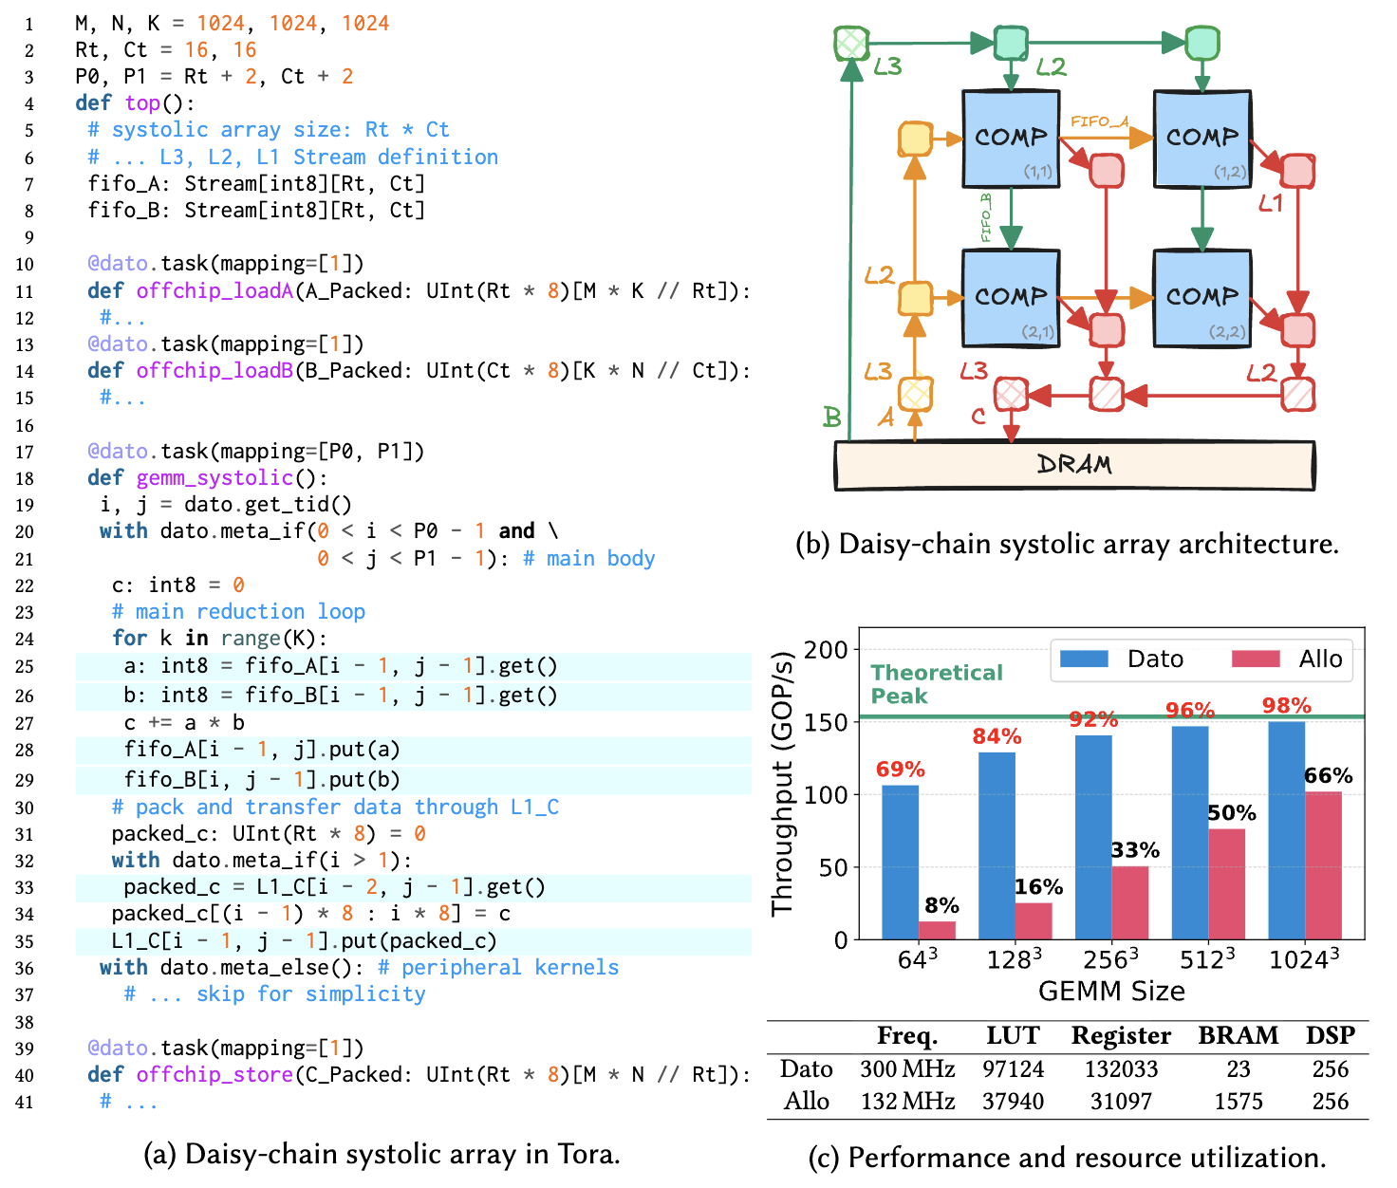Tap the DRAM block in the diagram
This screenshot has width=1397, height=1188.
(1074, 465)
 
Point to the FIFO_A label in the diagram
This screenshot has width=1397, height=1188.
(1099, 121)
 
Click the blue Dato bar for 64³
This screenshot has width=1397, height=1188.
(900, 862)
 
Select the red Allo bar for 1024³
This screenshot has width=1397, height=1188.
(1323, 865)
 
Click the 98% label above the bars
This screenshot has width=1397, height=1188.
(1286, 706)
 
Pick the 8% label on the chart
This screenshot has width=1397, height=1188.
(941, 905)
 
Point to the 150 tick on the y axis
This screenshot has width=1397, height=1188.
(825, 722)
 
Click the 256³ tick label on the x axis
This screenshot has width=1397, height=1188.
(1110, 960)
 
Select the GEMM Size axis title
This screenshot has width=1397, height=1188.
(1111, 992)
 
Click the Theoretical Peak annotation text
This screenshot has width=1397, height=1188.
(936, 684)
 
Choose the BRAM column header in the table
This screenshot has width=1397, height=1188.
(1238, 1035)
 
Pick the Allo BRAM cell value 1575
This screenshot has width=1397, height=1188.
(1238, 1101)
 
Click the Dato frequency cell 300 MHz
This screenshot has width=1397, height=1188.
(906, 1069)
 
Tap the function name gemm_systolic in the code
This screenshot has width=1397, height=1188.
(214, 478)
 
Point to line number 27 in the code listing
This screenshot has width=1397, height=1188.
(24, 724)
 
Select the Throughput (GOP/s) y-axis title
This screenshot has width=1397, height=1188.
(782, 784)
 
